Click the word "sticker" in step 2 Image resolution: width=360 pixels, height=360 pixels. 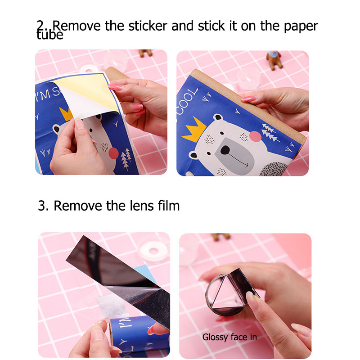pyautogui.click(x=148, y=26)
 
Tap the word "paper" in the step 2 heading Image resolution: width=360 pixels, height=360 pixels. pyautogui.click(x=301, y=27)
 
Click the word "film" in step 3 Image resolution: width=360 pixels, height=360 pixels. pyautogui.click(x=168, y=206)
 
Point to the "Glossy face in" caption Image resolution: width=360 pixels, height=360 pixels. pyautogui.click(x=229, y=337)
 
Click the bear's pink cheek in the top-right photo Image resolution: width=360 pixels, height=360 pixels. pyautogui.click(x=255, y=136)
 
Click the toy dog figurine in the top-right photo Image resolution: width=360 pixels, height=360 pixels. pyautogui.click(x=274, y=60)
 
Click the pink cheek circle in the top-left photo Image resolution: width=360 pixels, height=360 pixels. pyautogui.click(x=113, y=153)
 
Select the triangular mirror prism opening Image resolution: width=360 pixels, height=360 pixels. pyautogui.click(x=227, y=293)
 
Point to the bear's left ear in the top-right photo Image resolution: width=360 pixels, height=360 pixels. pyautogui.click(x=218, y=117)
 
